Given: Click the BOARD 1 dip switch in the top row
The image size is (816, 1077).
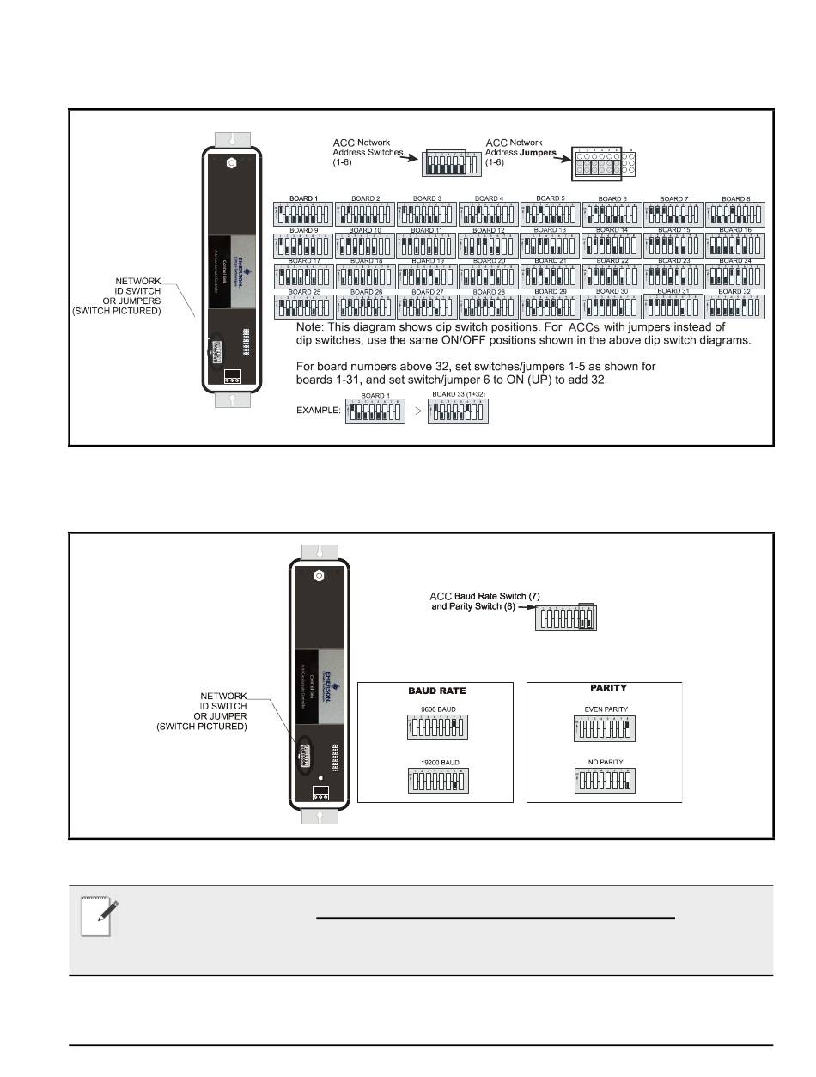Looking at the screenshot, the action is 302,214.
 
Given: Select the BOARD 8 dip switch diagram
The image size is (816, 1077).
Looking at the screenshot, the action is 735,214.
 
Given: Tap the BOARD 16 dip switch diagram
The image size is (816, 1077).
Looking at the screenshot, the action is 735,246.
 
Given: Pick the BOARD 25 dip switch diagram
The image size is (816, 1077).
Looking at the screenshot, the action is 302,307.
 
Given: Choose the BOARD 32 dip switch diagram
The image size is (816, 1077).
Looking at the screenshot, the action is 735,307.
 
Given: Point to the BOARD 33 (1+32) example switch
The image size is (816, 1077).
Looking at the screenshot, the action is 458,411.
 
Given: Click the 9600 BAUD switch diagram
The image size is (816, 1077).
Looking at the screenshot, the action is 435,729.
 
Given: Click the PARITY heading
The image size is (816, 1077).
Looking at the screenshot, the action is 608,688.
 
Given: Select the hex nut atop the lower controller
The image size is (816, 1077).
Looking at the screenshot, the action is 318,575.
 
